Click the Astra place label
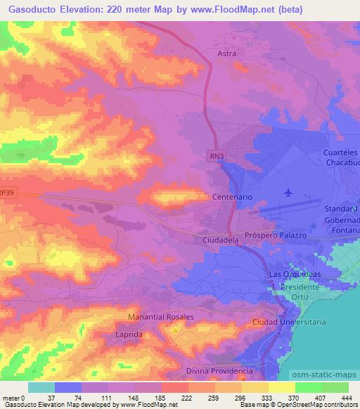(x=226, y=53)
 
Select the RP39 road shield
(x=6, y=192)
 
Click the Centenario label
(x=232, y=198)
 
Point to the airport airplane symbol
(x=288, y=192)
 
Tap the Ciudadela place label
(x=221, y=240)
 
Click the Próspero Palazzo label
(x=276, y=235)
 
